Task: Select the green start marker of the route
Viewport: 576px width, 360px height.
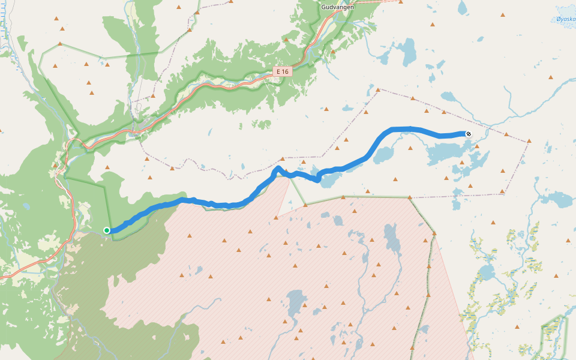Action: coord(107,230)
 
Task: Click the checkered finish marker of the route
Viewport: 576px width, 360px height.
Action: coord(468,134)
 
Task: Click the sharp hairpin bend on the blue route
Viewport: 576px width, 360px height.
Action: coord(278,169)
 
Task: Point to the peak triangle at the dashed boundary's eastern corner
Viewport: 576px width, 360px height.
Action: coord(529,142)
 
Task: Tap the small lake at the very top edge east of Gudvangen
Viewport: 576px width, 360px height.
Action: coord(462,7)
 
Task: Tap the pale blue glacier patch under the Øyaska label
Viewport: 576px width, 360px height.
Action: coord(565,12)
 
